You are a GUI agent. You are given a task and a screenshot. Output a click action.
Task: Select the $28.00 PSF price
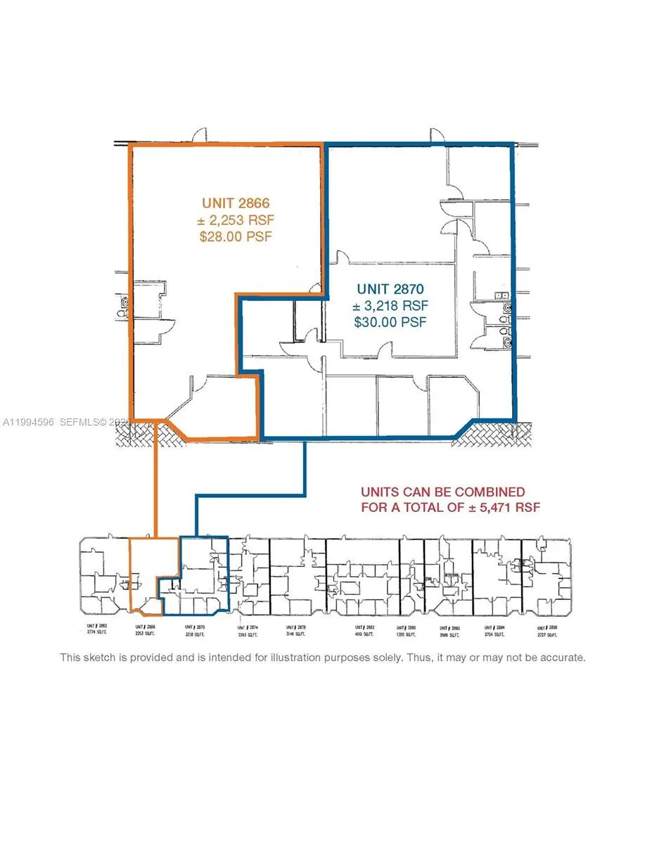click(x=235, y=236)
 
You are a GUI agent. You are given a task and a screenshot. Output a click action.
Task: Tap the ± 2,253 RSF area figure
click(x=235, y=219)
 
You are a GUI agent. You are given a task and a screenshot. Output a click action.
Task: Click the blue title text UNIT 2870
click(x=390, y=288)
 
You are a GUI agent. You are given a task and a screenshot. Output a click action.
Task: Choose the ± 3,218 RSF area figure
click(x=390, y=305)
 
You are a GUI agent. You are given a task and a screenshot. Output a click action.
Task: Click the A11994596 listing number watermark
click(x=29, y=422)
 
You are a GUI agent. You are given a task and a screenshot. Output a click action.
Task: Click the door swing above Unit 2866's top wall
click(x=200, y=134)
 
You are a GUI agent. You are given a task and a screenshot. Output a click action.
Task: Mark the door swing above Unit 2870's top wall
click(x=436, y=134)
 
